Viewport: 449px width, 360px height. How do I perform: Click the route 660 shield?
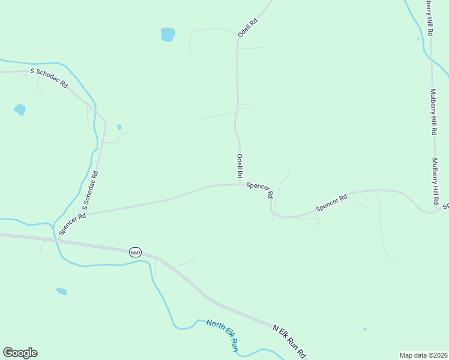pyautogui.click(x=135, y=253)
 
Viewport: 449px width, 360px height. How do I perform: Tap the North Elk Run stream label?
pyautogui.click(x=222, y=335)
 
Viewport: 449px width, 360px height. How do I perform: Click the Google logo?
pyautogui.click(x=20, y=353)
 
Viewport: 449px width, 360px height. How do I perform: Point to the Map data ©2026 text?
pyautogui.click(x=423, y=355)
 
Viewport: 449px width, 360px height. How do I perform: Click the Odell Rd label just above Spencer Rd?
pyautogui.click(x=240, y=166)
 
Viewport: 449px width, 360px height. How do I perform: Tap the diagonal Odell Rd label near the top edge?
pyautogui.click(x=247, y=28)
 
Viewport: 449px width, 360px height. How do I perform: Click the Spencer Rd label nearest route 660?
pyautogui.click(x=73, y=224)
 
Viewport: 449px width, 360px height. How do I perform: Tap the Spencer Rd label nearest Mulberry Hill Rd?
pyautogui.click(x=331, y=203)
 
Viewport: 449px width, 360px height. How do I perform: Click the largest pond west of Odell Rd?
pyautogui.click(x=167, y=34)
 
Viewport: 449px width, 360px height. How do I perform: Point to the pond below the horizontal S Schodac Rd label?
pyautogui.click(x=20, y=110)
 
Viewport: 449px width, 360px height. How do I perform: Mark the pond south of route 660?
pyautogui.click(x=61, y=292)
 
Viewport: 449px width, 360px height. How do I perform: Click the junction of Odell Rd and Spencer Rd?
pyautogui.click(x=241, y=184)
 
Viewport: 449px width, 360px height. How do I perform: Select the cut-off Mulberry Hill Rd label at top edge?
pyautogui.click(x=429, y=18)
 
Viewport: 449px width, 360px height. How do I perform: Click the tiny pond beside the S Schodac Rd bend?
pyautogui.click(x=119, y=127)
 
